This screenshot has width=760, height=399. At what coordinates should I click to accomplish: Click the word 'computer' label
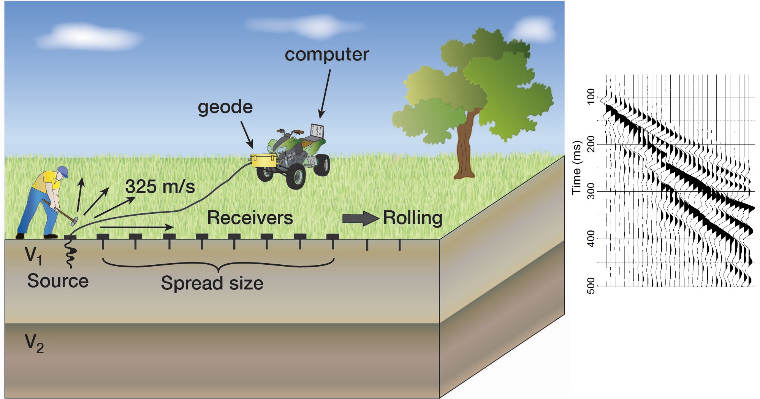click(327, 55)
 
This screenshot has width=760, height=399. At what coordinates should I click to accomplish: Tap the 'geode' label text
click(225, 108)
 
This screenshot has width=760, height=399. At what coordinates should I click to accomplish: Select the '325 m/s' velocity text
click(160, 187)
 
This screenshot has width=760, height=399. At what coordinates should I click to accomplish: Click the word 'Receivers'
click(250, 218)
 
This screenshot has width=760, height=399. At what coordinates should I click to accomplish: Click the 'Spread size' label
click(212, 283)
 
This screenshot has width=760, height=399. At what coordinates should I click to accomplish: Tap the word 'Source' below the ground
click(58, 281)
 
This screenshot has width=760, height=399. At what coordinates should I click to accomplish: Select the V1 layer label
click(33, 256)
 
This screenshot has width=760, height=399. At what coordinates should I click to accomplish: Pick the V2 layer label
click(34, 343)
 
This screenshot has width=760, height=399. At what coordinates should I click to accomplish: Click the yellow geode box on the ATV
click(264, 160)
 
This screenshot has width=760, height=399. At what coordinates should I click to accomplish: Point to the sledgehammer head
click(74, 221)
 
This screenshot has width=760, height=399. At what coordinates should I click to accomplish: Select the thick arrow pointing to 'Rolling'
click(361, 218)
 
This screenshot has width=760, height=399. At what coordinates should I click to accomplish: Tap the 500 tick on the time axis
click(591, 286)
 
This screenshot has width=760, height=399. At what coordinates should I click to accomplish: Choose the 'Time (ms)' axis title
click(577, 168)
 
